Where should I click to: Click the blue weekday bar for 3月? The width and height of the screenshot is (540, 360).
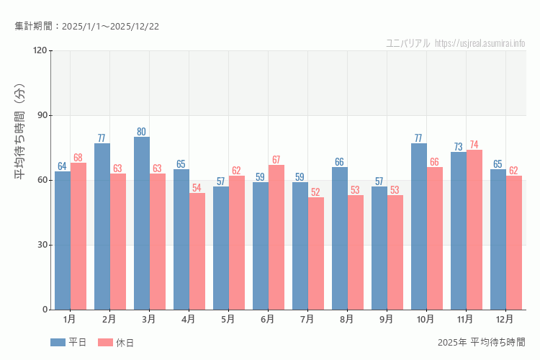(142, 223)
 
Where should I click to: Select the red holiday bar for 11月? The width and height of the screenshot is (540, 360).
(473, 230)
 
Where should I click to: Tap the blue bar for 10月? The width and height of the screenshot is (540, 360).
(419, 226)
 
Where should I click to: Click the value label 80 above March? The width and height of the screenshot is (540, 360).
(142, 132)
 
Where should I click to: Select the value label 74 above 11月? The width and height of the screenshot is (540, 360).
(473, 145)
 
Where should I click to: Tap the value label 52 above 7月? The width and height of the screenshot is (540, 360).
(315, 192)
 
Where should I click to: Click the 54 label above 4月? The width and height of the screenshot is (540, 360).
(196, 188)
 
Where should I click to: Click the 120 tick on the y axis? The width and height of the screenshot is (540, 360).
(39, 50)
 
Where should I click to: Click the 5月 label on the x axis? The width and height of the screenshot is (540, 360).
(228, 319)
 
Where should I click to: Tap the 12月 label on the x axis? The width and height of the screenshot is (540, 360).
(505, 319)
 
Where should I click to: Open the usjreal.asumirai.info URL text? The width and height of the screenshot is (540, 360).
(480, 43)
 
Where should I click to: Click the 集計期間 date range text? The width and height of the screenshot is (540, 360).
(87, 27)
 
